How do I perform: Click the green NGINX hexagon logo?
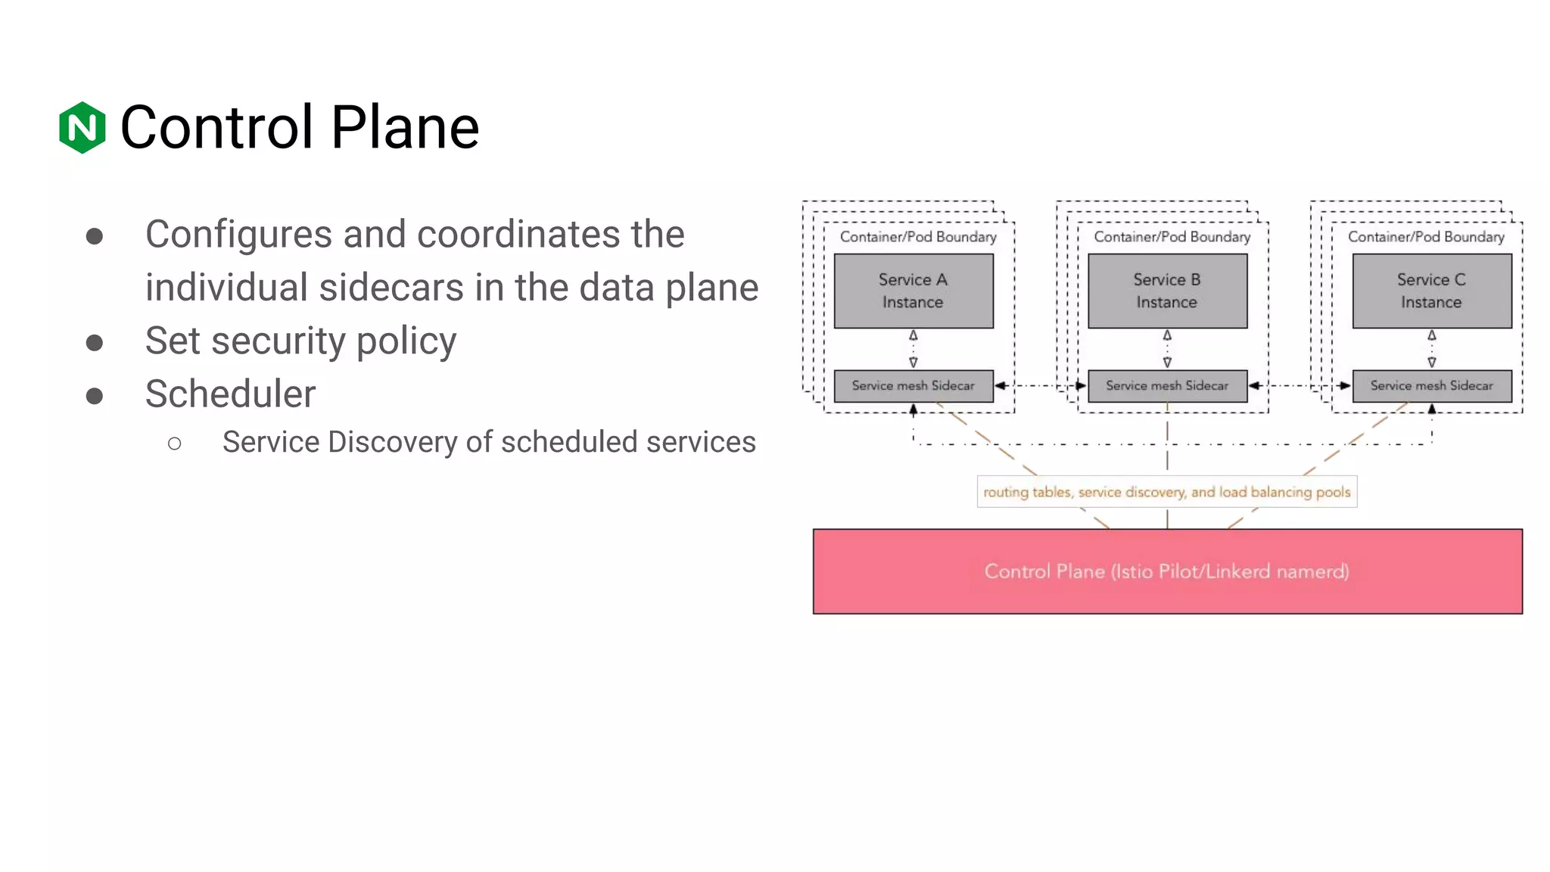pos(82,127)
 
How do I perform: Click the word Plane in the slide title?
pos(405,127)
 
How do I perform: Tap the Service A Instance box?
pos(913,291)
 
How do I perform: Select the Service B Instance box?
pos(1167,291)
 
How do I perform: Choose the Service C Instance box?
pos(1431,291)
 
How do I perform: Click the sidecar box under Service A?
pos(913,386)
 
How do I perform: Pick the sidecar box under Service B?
pos(1167,386)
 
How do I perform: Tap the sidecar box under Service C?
pos(1431,386)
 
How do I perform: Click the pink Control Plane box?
pos(1167,571)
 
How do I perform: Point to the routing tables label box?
pos(1167,492)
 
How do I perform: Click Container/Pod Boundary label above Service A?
pos(918,237)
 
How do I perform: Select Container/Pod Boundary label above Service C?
pos(1426,237)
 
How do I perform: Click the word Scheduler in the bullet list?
pos(230,394)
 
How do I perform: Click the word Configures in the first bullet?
pos(238,234)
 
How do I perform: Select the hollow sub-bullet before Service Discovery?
pos(175,444)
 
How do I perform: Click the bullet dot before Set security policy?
pos(95,343)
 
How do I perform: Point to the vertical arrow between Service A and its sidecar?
pos(914,349)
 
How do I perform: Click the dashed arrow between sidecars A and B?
pos(1041,386)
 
